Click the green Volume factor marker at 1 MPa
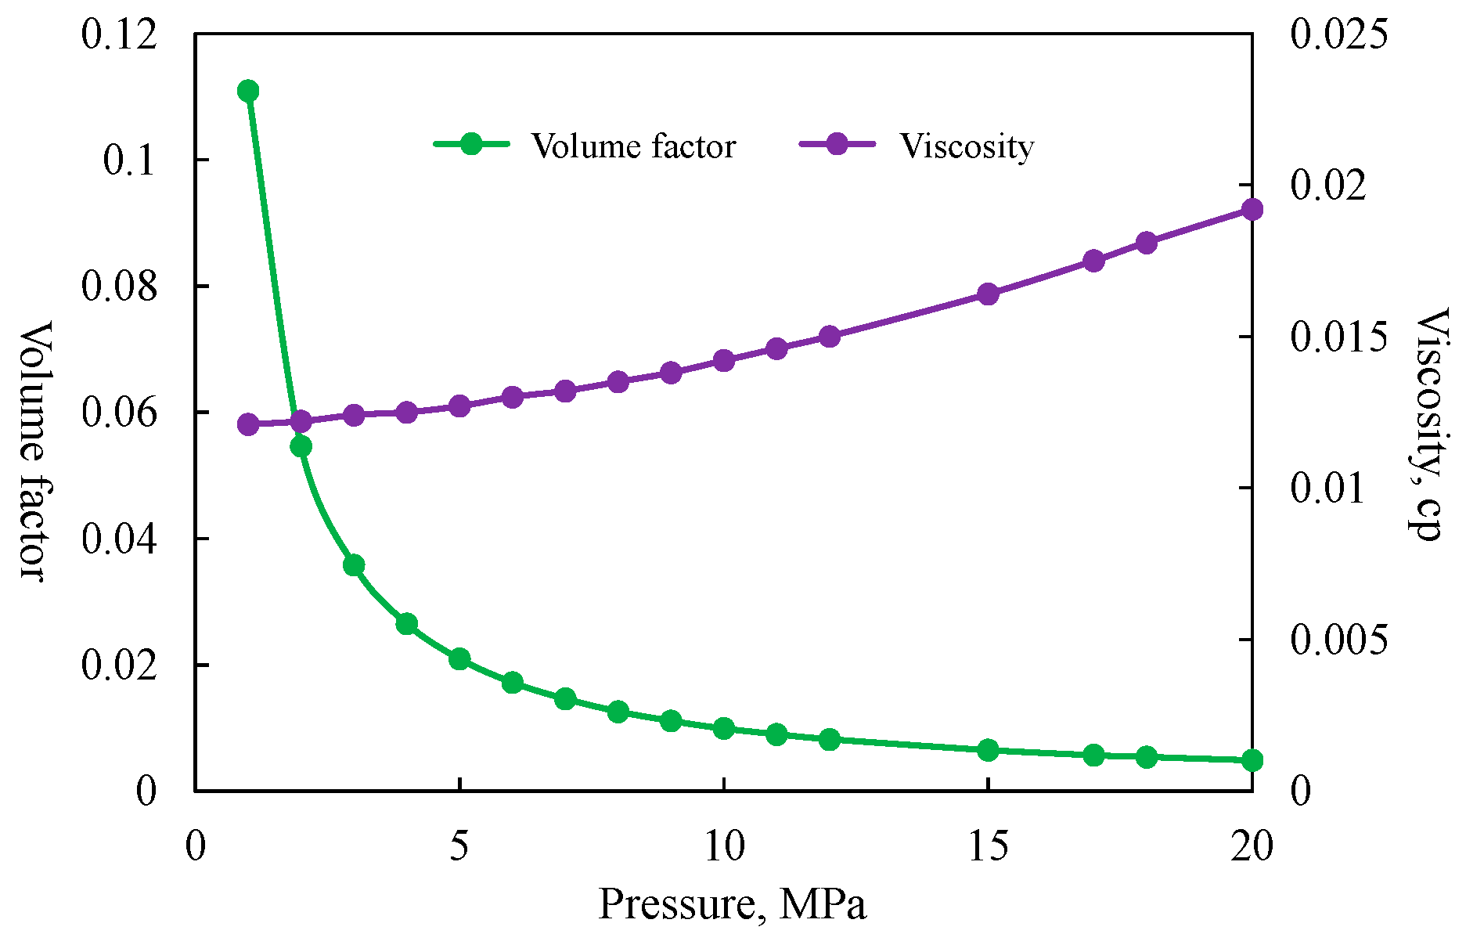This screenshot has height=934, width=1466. pyautogui.click(x=248, y=91)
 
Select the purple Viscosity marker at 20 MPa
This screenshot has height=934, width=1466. pyautogui.click(x=1252, y=209)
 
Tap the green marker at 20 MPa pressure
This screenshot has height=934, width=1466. pyautogui.click(x=1252, y=759)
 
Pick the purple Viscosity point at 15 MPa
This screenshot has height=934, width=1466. pyautogui.click(x=988, y=294)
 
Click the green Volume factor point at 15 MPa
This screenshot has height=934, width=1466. pyautogui.click(x=988, y=749)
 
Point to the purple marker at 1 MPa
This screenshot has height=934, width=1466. pyautogui.click(x=248, y=424)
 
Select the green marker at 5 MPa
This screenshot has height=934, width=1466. pyautogui.click(x=459, y=658)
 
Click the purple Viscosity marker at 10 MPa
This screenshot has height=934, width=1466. pyautogui.click(x=724, y=360)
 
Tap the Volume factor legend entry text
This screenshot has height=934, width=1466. pyautogui.click(x=633, y=146)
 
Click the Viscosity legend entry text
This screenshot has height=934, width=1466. pyautogui.click(x=966, y=146)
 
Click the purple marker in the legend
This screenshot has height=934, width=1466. pyautogui.click(x=837, y=143)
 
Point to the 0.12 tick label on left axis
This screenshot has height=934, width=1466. pyautogui.click(x=119, y=35)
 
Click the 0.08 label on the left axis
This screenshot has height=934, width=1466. pyautogui.click(x=119, y=287)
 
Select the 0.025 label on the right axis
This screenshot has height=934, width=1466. pyautogui.click(x=1337, y=35)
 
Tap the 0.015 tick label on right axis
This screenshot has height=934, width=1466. pyautogui.click(x=1337, y=337)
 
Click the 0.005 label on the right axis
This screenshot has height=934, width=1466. pyautogui.click(x=1337, y=640)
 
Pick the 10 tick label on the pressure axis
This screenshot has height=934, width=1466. pyautogui.click(x=724, y=847)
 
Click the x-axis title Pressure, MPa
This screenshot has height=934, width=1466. pyautogui.click(x=732, y=905)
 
